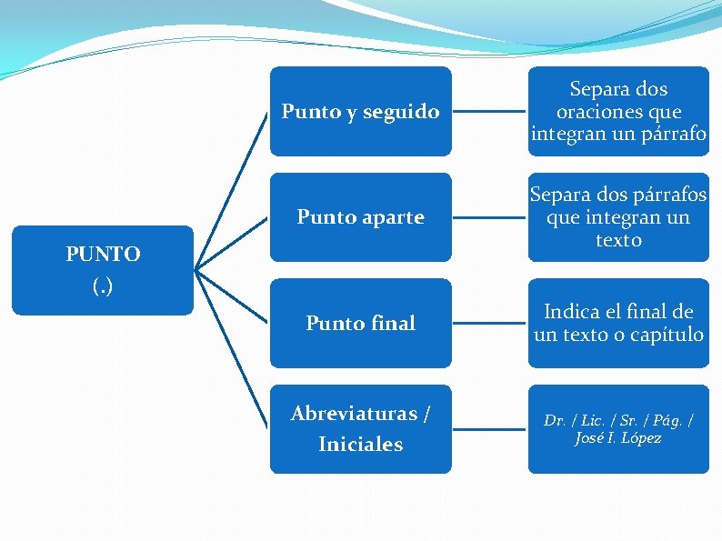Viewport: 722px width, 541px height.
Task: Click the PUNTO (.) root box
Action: click(103, 270)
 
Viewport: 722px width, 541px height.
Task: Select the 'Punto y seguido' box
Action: click(360, 111)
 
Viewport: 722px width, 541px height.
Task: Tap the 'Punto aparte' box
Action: click(360, 217)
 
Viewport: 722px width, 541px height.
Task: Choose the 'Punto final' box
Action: click(360, 323)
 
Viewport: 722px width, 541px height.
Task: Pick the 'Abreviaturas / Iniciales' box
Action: click(360, 428)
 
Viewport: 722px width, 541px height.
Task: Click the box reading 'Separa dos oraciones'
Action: click(618, 111)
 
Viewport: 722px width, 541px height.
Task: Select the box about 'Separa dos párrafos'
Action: click(618, 217)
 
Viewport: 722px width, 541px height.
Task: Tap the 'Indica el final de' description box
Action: click(618, 323)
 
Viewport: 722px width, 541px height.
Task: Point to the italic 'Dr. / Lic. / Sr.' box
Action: click(618, 428)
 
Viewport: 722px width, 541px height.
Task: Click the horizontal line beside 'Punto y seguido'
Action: click(489, 112)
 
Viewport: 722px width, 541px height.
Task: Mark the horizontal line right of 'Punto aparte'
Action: click(489, 218)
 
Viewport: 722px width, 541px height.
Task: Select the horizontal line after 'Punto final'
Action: click(489, 324)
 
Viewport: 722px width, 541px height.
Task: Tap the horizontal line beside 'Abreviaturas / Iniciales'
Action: click(489, 429)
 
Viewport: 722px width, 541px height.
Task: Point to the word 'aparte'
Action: click(392, 217)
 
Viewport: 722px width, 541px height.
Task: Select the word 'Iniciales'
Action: click(360, 445)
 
